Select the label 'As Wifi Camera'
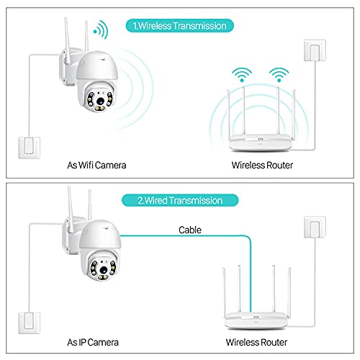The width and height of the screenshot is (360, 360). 97,166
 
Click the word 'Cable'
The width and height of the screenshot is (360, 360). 189,230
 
